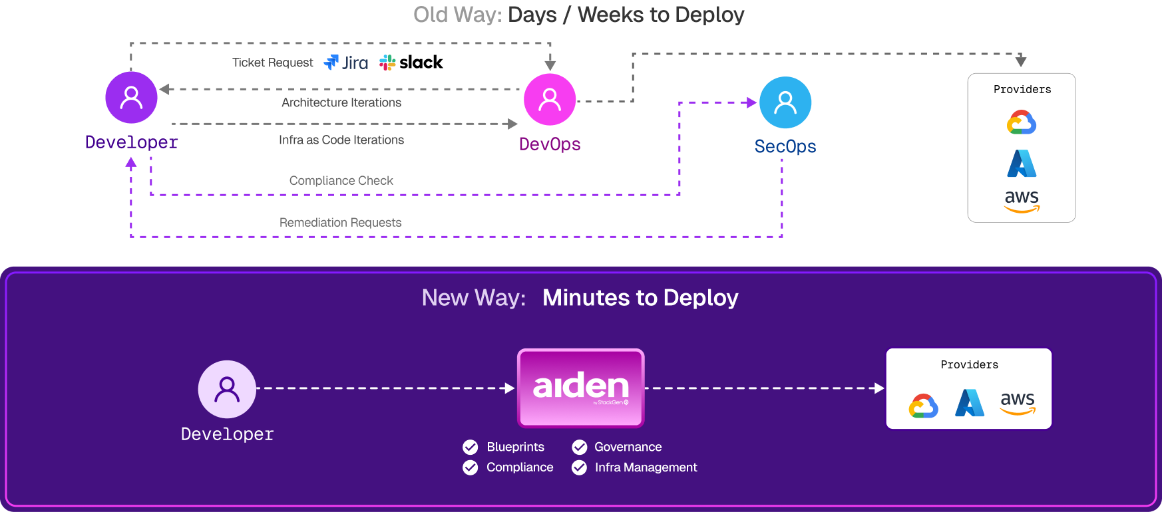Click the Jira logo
tap(346, 63)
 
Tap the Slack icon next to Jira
tap(387, 63)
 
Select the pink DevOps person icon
tap(550, 100)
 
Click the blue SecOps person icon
tap(785, 102)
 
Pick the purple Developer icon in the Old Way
tap(131, 98)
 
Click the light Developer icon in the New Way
tap(227, 389)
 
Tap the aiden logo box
tap(580, 388)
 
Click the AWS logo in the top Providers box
tap(1022, 201)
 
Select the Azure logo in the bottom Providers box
tap(969, 402)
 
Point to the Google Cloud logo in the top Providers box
tap(1022, 123)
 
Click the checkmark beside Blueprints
tap(471, 447)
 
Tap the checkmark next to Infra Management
tap(580, 467)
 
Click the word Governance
tap(628, 447)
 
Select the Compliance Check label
tap(341, 181)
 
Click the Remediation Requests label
tap(340, 223)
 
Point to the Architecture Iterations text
tap(341, 103)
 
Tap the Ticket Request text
tap(272, 63)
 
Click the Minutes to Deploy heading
tap(640, 298)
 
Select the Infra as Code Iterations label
tap(341, 140)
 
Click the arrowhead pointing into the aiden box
tap(510, 388)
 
